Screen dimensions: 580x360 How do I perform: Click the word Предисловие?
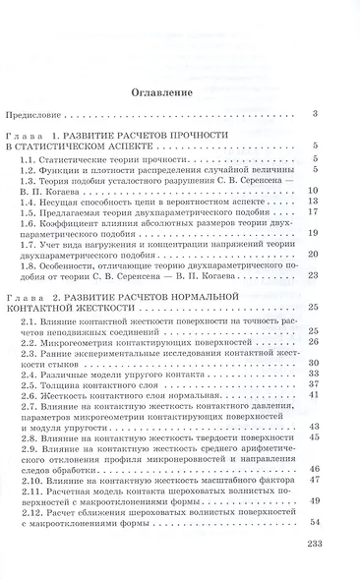pos(51,115)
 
